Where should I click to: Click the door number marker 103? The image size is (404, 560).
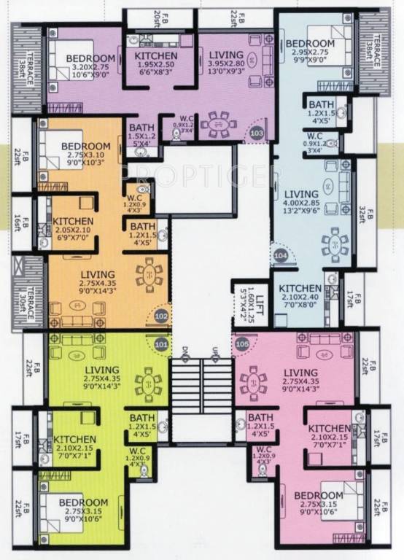click(x=256, y=134)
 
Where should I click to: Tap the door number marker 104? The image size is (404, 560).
click(x=281, y=256)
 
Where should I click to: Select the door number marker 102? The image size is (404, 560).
click(x=161, y=316)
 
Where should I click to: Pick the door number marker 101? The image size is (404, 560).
click(x=161, y=341)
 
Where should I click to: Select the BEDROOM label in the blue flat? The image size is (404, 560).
click(x=314, y=42)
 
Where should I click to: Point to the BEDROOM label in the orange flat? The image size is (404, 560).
click(x=85, y=146)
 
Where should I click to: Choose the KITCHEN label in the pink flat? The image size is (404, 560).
click(x=332, y=428)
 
